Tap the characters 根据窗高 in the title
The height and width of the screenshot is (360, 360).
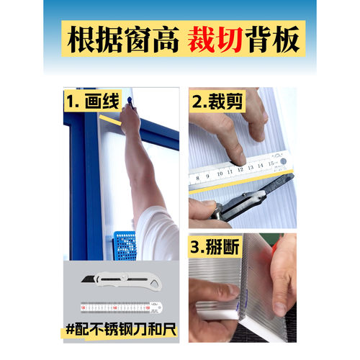point(120,40)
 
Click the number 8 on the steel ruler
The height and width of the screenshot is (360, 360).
point(199,175)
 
